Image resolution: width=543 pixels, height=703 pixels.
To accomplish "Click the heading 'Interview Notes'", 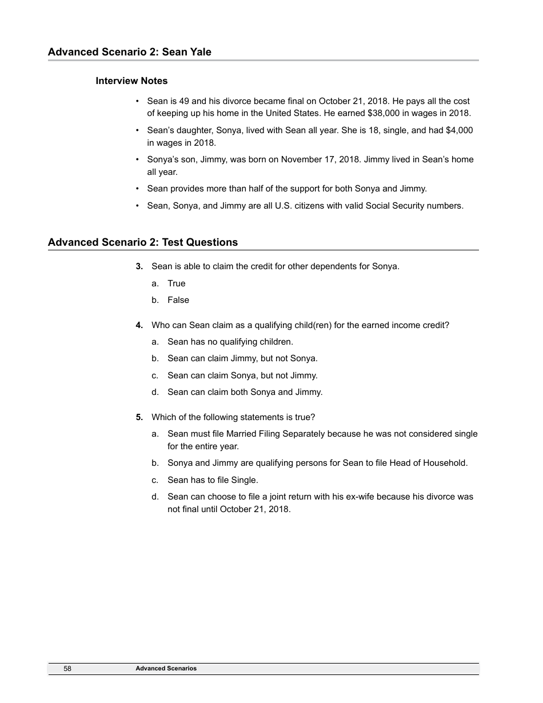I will pyautogui.click(x=131, y=81).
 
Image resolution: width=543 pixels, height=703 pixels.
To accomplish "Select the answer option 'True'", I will pyautogui.click(x=176, y=283).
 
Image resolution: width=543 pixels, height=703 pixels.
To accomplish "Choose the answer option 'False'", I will pyautogui.click(x=178, y=300).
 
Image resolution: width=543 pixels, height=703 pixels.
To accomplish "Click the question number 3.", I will pyautogui.click(x=139, y=266).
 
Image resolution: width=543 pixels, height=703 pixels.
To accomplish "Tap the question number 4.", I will pyautogui.click(x=139, y=325).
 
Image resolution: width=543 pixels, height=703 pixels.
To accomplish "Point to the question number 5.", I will pyautogui.click(x=139, y=417).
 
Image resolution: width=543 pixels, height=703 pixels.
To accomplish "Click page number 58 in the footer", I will pyautogui.click(x=67, y=669).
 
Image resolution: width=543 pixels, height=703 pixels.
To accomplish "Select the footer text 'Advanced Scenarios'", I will pyautogui.click(x=166, y=669).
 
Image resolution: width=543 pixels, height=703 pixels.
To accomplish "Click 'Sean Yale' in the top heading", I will pyautogui.click(x=187, y=52).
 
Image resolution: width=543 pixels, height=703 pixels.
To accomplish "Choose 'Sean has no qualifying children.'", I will pyautogui.click(x=230, y=342).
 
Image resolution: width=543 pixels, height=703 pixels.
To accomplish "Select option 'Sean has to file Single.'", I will pyautogui.click(x=213, y=480).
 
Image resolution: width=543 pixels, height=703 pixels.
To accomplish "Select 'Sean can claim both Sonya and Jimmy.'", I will pyautogui.click(x=245, y=392).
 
